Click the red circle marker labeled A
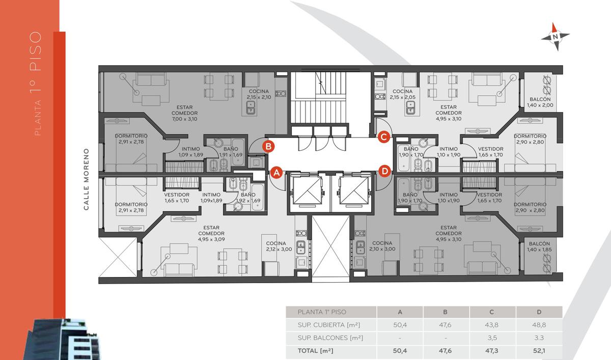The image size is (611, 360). (x=276, y=173)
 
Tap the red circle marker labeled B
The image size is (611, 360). (x=268, y=147)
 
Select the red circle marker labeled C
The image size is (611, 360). (x=384, y=137)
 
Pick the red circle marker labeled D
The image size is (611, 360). (x=384, y=171)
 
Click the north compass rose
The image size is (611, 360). (x=556, y=37)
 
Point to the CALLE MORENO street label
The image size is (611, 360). (x=86, y=179)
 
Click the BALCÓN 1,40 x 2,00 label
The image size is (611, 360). (x=540, y=102)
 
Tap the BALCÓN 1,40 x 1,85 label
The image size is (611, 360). (x=539, y=246)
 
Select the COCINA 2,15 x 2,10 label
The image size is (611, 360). (x=259, y=94)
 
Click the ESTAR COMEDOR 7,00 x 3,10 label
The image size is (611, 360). (x=185, y=113)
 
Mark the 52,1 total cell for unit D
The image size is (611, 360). (x=539, y=351)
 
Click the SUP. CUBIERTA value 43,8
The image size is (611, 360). (x=491, y=325)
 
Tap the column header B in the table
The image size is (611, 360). (x=445, y=312)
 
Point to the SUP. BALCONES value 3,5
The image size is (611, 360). (x=492, y=338)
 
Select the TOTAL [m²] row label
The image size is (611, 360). (x=315, y=351)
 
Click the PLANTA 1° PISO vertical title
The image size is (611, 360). (x=36, y=84)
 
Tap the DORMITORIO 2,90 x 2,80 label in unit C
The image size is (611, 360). (x=530, y=139)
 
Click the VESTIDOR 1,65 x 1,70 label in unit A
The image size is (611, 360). (x=177, y=198)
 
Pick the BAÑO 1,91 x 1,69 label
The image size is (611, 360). (x=231, y=152)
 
